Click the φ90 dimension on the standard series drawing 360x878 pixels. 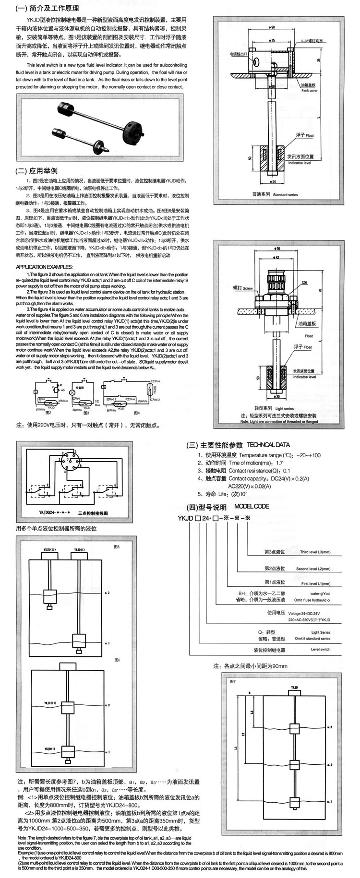(x=272, y=28)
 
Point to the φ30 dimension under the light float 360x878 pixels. (x=277, y=397)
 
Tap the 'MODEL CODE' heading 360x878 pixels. (x=252, y=506)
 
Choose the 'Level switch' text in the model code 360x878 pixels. (x=320, y=649)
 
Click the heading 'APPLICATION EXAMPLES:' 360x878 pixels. (x=45, y=267)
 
